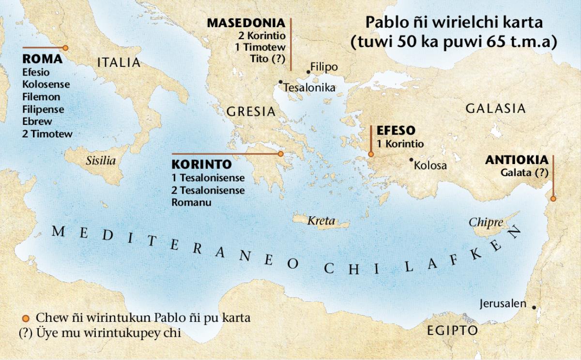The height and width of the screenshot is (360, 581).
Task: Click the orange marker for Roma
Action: click(65, 48)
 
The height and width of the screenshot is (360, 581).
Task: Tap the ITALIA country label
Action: click(119, 62)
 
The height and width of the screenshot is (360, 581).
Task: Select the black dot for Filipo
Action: click(308, 72)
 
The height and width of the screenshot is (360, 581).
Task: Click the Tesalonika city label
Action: click(309, 88)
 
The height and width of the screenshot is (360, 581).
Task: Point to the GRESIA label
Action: click(251, 112)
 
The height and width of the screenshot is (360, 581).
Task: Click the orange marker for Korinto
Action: click(280, 154)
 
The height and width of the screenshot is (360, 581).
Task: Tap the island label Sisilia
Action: click(101, 161)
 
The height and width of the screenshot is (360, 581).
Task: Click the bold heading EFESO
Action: click(396, 131)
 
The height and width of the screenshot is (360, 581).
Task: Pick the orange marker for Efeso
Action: click(371, 154)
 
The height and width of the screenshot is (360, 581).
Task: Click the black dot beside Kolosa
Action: click(411, 159)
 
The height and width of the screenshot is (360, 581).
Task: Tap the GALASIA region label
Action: click(495, 108)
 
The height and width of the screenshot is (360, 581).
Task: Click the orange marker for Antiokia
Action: click(553, 198)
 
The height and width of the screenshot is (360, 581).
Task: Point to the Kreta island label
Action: click(321, 221)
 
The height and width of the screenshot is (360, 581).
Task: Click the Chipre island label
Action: click(486, 223)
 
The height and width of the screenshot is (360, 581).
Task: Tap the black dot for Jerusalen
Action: click(534, 307)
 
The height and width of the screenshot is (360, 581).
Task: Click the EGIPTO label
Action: click(452, 331)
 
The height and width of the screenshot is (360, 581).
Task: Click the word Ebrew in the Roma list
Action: click(37, 121)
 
